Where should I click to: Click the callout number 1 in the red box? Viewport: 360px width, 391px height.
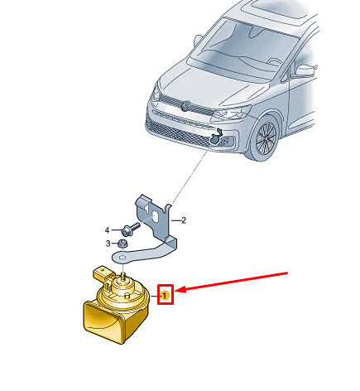[165, 296]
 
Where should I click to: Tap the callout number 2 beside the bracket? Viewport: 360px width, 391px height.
[184, 220]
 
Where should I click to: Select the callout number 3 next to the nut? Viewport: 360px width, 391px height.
[108, 244]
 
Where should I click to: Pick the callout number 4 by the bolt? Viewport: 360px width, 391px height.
[108, 230]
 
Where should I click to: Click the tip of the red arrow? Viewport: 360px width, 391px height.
[175, 290]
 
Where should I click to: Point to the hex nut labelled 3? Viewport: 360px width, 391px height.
[122, 244]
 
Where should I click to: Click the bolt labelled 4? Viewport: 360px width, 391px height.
[130, 229]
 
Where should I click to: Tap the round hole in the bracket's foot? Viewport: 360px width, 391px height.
[122, 257]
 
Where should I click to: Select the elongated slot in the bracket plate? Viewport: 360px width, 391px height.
[155, 217]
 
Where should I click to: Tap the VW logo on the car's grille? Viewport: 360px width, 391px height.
[186, 106]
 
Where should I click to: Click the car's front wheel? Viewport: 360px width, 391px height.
[264, 138]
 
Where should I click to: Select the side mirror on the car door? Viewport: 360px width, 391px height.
[305, 70]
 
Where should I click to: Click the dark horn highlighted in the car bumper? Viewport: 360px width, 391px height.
[216, 137]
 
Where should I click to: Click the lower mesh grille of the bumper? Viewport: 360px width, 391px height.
[176, 132]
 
